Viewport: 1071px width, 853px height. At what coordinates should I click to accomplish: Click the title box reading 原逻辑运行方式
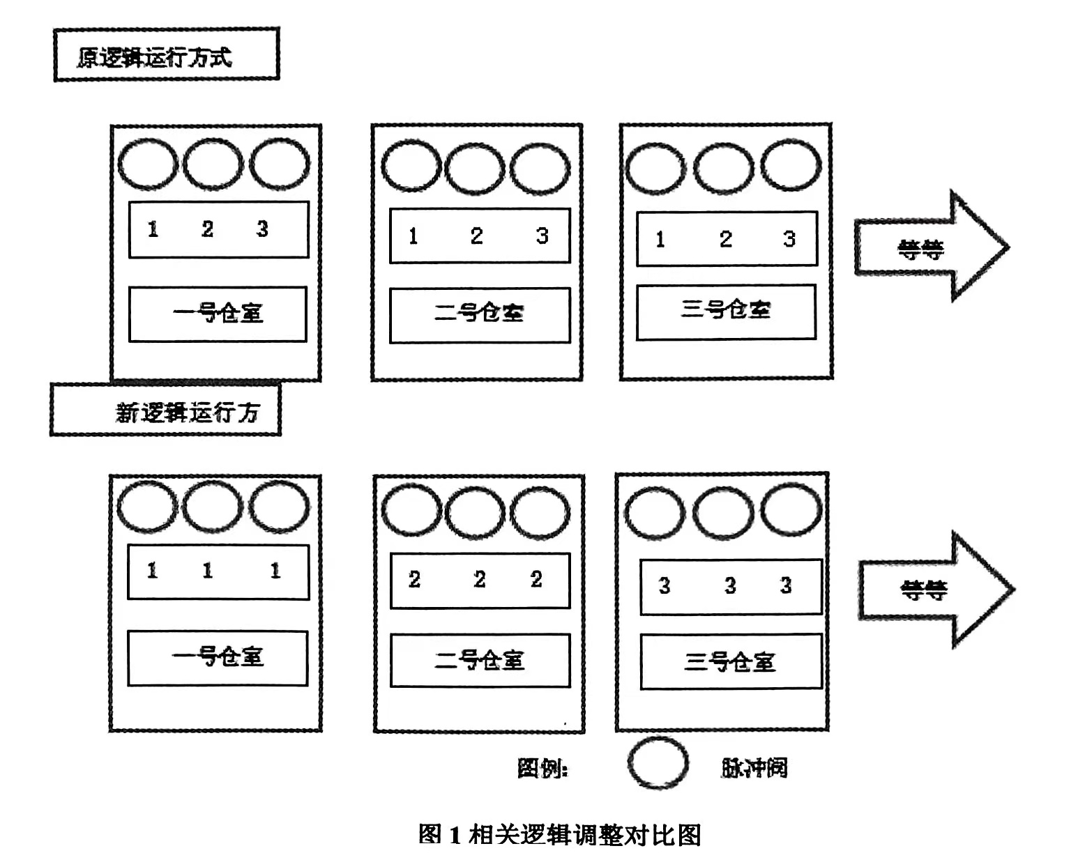(166, 55)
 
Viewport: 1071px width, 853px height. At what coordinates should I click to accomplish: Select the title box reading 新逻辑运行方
(166, 410)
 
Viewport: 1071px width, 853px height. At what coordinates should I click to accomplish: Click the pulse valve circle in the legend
(658, 763)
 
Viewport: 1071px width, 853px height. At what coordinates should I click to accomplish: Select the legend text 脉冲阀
(754, 767)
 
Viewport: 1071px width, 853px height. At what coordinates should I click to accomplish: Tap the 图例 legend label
(542, 768)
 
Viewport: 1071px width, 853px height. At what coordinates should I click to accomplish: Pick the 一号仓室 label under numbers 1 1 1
(218, 657)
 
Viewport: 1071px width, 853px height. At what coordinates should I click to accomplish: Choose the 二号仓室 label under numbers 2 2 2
(480, 659)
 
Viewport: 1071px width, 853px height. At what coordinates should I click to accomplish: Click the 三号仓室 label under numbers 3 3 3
(730, 661)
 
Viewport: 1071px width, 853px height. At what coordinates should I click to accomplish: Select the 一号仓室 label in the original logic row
(218, 314)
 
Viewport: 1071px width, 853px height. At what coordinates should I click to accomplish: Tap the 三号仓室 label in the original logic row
(726, 310)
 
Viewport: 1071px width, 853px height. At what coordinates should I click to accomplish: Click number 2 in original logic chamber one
(207, 229)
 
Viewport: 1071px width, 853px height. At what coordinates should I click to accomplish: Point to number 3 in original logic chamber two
(542, 236)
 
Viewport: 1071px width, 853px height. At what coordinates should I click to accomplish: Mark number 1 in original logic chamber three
(660, 240)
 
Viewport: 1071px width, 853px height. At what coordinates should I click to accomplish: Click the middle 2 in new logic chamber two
(479, 579)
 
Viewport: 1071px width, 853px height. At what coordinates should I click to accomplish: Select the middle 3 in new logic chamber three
(729, 585)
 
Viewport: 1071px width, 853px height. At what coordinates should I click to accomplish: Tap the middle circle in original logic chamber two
(475, 169)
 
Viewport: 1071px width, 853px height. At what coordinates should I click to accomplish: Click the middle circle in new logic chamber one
(213, 507)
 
